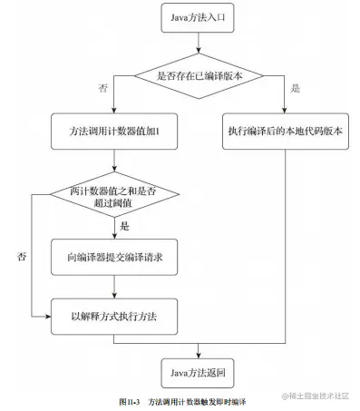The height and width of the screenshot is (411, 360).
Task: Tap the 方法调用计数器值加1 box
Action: click(x=113, y=131)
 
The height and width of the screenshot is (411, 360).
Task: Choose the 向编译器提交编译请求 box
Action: click(x=113, y=257)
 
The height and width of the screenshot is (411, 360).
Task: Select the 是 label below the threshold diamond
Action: click(x=125, y=225)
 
